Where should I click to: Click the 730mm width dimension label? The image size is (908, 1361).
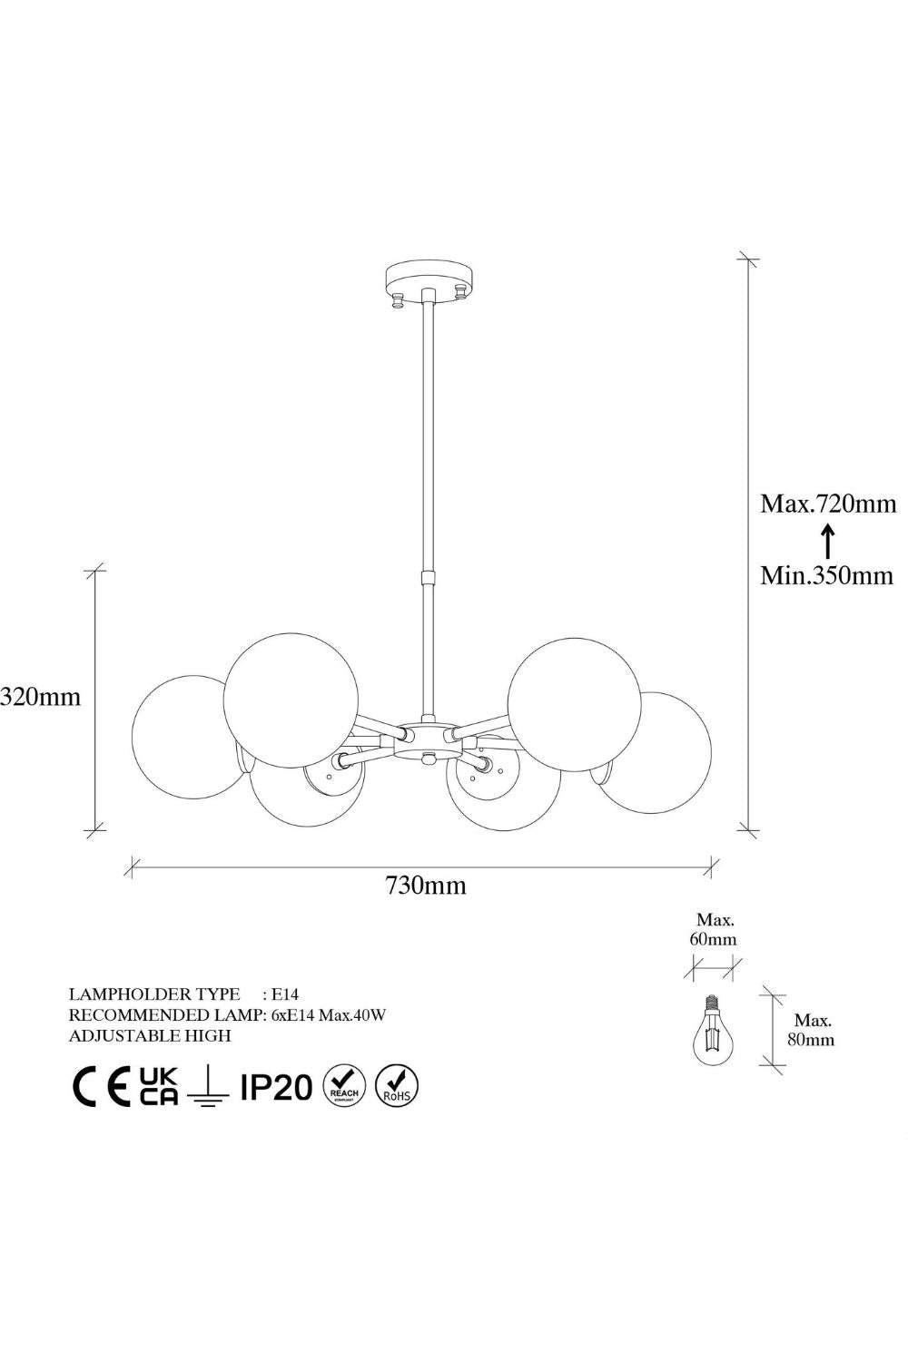tap(426, 886)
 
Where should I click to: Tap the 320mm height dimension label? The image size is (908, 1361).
tap(40, 696)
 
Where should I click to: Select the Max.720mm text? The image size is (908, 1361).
tap(828, 504)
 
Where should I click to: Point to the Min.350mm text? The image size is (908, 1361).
tap(827, 574)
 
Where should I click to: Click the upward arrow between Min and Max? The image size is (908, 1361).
tap(827, 540)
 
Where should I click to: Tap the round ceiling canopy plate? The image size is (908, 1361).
tap(429, 279)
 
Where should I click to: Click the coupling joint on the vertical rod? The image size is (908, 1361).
tap(429, 576)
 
